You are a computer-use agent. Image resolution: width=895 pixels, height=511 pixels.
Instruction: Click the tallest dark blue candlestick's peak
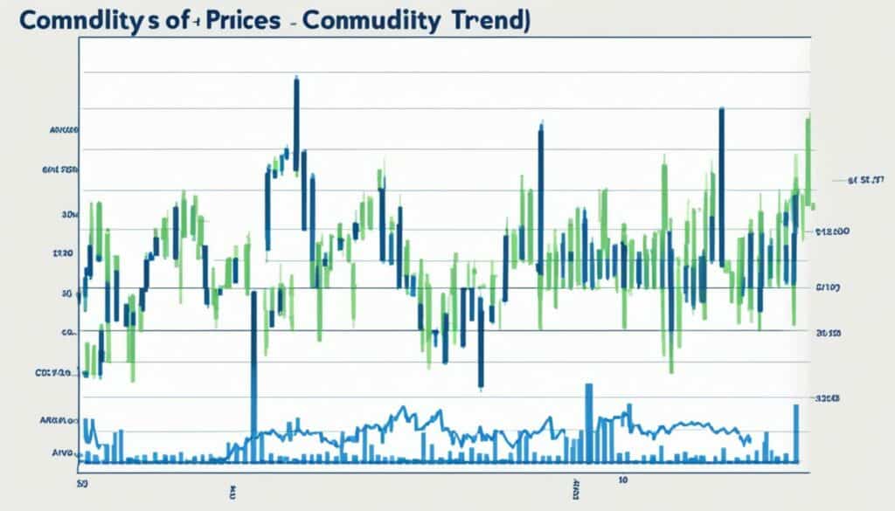tap(297, 81)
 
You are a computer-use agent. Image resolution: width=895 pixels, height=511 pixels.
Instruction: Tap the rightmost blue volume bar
tap(796, 432)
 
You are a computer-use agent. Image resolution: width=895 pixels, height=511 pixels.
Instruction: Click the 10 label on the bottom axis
tap(623, 480)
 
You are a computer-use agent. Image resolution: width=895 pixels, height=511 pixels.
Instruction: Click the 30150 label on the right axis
tap(828, 333)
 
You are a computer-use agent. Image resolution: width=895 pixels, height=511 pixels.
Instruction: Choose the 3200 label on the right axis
tap(828, 397)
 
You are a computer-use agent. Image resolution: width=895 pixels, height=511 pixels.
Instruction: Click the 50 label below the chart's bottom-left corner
tap(81, 480)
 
